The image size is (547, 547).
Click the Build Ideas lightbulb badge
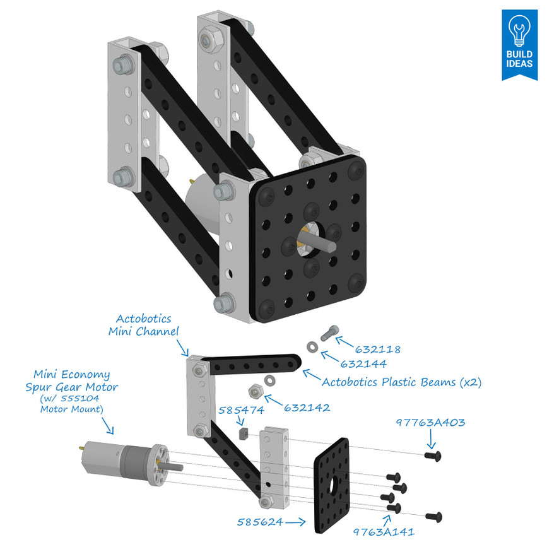[x=519, y=44]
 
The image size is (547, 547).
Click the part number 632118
[x=377, y=349]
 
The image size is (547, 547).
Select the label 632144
[x=363, y=364]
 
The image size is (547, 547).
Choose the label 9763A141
[x=384, y=531]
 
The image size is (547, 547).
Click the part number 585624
[x=259, y=522]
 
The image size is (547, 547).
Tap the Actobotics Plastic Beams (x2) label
[x=401, y=382]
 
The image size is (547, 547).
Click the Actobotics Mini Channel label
[x=143, y=324]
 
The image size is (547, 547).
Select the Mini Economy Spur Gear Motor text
[x=72, y=380]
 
